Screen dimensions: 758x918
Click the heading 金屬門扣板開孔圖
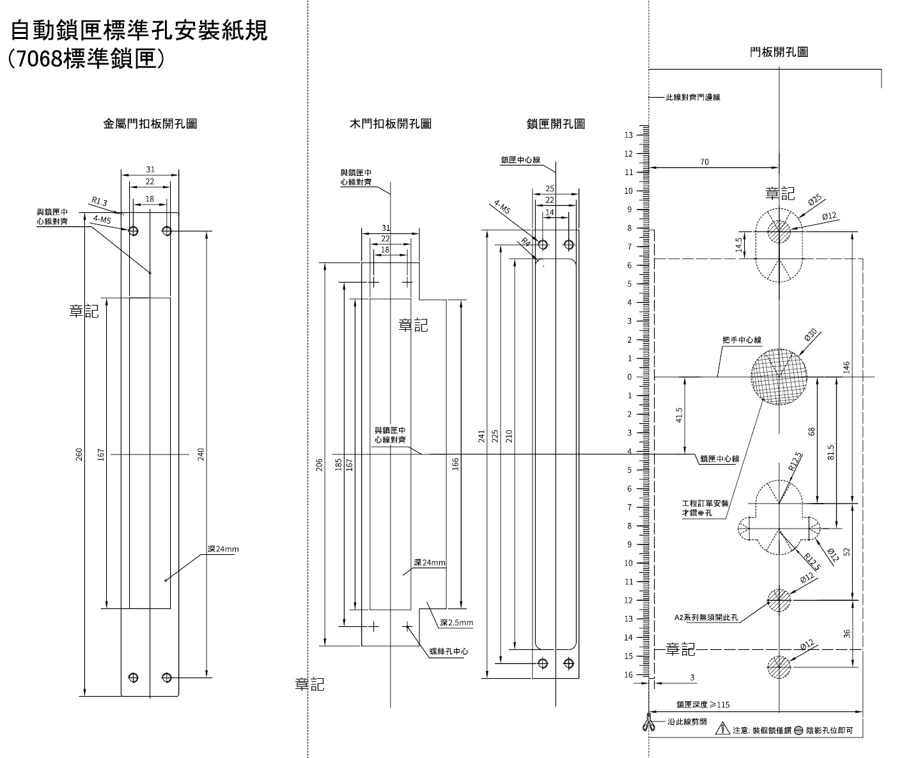[150, 124]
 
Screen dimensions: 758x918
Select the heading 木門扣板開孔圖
[390, 124]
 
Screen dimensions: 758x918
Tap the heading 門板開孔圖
[779, 52]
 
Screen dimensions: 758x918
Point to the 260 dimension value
[79, 454]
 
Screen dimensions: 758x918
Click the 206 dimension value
[320, 465]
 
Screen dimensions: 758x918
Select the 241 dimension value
[481, 436]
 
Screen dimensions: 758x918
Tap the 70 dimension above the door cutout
[704, 162]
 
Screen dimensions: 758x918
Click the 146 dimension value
[846, 367]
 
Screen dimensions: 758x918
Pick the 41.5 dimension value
[679, 415]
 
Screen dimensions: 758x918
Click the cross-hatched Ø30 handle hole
[779, 376]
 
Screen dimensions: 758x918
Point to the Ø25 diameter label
[814, 201]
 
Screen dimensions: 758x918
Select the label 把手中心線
[742, 341]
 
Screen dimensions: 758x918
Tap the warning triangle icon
[722, 728]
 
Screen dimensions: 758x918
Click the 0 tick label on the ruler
[629, 377]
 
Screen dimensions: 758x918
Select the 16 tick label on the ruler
[628, 675]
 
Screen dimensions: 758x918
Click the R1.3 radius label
[98, 202]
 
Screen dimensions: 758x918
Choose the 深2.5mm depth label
[456, 623]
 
